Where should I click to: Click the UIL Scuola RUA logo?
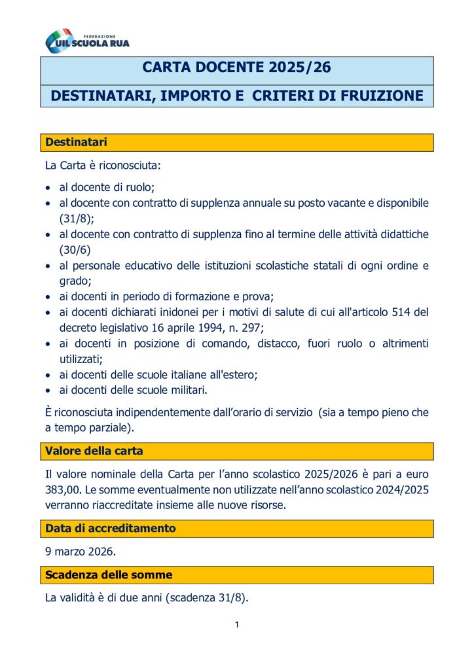tap(87, 41)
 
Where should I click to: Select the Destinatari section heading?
tap(77, 142)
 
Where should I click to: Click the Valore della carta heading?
tap(94, 451)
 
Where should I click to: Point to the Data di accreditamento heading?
tap(111, 528)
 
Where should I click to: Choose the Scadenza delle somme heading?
tap(109, 574)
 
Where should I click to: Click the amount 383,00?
tap(62, 490)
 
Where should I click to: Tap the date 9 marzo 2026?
tap(81, 551)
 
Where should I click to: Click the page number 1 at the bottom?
tap(236, 625)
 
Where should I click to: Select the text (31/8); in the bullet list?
tap(77, 218)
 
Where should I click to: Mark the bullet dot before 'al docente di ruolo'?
tap(49, 188)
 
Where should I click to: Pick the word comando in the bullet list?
tap(206, 344)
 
